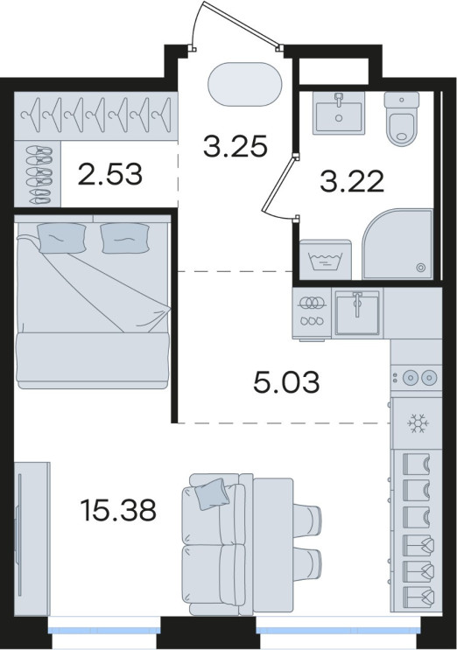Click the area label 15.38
(x=118, y=510)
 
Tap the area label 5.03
(x=286, y=381)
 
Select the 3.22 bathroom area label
(x=352, y=182)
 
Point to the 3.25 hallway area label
(x=235, y=147)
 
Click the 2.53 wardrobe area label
(x=110, y=174)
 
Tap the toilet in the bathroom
(x=402, y=118)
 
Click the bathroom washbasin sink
(x=339, y=113)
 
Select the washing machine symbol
(x=326, y=260)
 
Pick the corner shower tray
(x=397, y=244)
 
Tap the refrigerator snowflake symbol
(x=418, y=423)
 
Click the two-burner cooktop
(x=416, y=377)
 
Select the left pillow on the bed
(x=61, y=237)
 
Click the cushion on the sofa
(x=212, y=493)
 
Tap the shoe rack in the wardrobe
(x=39, y=174)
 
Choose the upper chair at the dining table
(x=307, y=521)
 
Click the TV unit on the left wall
(x=32, y=535)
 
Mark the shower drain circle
(x=421, y=268)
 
